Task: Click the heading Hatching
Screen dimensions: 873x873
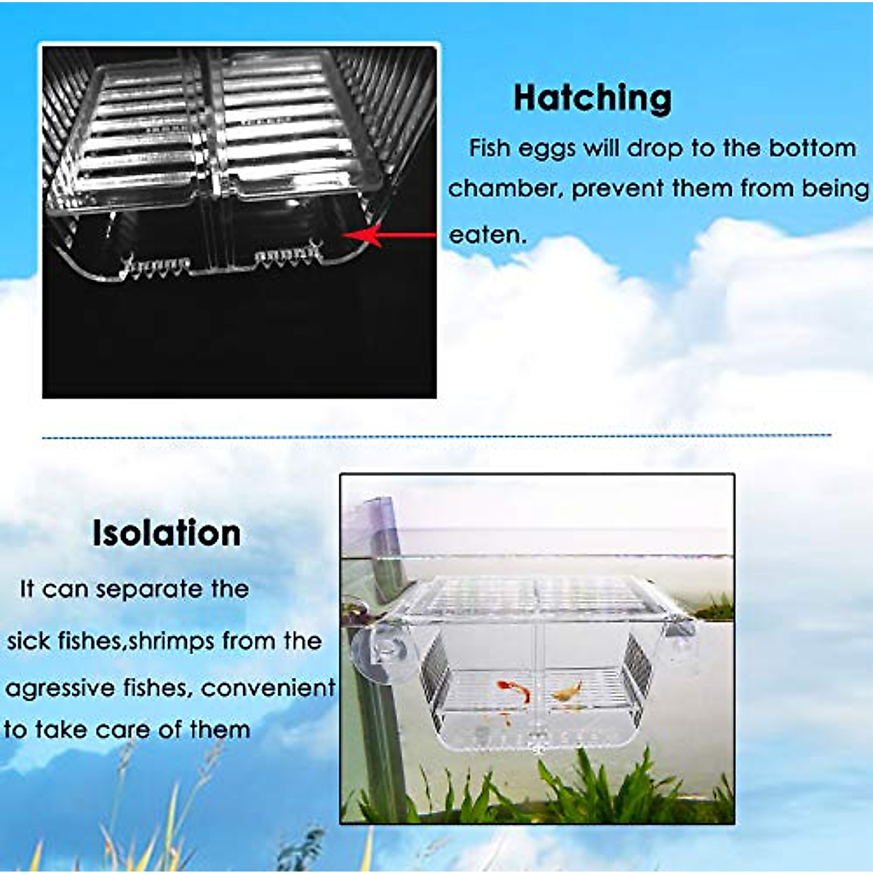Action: tap(592, 99)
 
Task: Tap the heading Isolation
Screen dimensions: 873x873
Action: tap(167, 533)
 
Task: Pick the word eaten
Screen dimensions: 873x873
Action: tap(487, 235)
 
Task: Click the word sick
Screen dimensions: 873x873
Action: tap(28, 641)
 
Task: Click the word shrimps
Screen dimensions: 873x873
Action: tap(172, 641)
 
